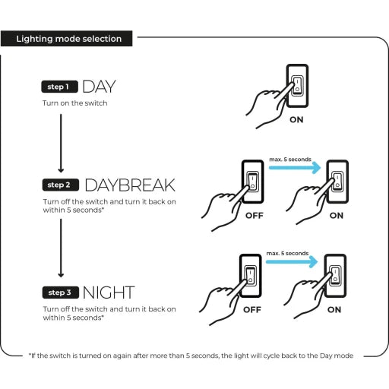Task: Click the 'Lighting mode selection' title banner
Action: pyautogui.click(x=66, y=39)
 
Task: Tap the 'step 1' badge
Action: pyautogui.click(x=59, y=87)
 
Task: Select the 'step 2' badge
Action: pyautogui.click(x=60, y=185)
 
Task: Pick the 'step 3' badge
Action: pyautogui.click(x=60, y=293)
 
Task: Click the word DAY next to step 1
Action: pyautogui.click(x=99, y=87)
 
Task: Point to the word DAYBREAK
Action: pyautogui.click(x=130, y=185)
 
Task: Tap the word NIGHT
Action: pyautogui.click(x=109, y=293)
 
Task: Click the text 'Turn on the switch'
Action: pyautogui.click(x=75, y=103)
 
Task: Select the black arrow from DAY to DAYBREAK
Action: pyautogui.click(x=61, y=144)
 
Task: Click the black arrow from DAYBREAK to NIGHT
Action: pyautogui.click(x=61, y=248)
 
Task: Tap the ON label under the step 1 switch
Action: pyautogui.click(x=296, y=119)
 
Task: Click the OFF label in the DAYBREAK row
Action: pyautogui.click(x=255, y=216)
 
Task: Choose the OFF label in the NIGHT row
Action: pyautogui.click(x=252, y=309)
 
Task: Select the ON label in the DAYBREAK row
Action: pyautogui.click(x=337, y=216)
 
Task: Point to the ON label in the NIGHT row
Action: pyautogui.click(x=334, y=309)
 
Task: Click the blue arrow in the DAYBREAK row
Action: pyautogui.click(x=295, y=168)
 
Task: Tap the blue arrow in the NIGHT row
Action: pyautogui.click(x=292, y=261)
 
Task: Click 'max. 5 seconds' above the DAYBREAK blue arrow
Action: pyautogui.click(x=290, y=160)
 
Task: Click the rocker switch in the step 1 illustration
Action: pyautogui.click(x=297, y=86)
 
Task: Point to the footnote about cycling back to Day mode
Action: pyautogui.click(x=191, y=356)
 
